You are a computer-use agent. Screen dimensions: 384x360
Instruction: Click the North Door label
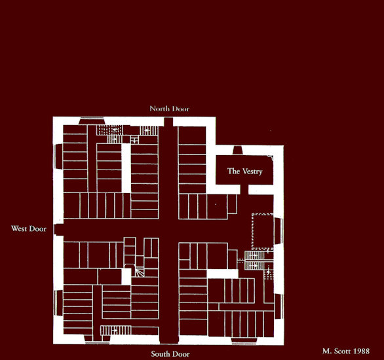[x=170, y=109]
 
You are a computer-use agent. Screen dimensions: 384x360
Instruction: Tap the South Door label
[x=170, y=354]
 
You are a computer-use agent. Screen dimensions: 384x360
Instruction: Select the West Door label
[x=29, y=228]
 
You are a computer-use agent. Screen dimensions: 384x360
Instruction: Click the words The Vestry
[x=245, y=171]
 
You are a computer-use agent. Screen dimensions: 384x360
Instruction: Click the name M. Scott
[x=336, y=351]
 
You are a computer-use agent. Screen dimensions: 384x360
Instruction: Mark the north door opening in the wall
[x=168, y=122]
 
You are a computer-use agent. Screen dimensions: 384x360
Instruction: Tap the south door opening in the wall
[x=169, y=340]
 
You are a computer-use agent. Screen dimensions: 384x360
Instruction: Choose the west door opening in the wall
[x=58, y=229]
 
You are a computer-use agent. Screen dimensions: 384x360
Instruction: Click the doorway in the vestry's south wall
[x=244, y=190]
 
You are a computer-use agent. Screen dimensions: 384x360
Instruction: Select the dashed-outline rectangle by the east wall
[x=263, y=231]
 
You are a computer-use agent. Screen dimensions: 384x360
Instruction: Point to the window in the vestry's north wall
[x=238, y=150]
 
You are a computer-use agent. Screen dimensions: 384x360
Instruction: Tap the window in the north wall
[x=92, y=121]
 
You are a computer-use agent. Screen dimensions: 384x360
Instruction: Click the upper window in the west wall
[x=58, y=156]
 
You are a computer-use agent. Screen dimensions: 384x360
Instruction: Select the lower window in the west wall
[x=58, y=303]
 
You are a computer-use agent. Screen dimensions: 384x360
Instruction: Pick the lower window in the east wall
[x=278, y=306]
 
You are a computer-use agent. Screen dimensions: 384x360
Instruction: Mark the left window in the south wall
[x=97, y=340]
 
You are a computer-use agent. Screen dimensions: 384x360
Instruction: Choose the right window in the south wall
[x=244, y=340]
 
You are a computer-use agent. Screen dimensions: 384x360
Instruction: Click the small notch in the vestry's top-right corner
[x=271, y=158]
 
